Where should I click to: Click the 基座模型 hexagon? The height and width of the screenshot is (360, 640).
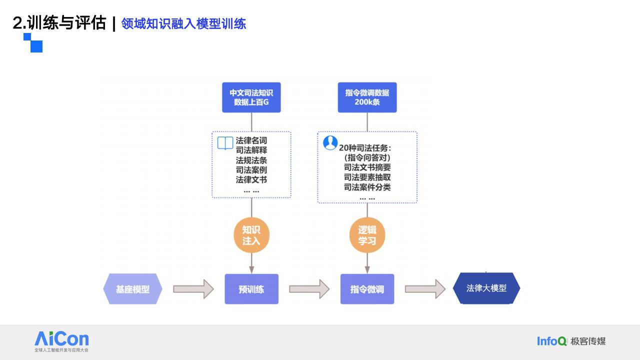(x=133, y=289)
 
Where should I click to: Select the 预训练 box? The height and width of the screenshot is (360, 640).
(x=251, y=289)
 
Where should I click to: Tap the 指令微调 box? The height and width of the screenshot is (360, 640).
(x=367, y=289)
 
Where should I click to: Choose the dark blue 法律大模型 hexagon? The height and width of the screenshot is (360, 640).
(x=486, y=288)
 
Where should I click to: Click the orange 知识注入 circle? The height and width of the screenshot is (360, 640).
(x=251, y=235)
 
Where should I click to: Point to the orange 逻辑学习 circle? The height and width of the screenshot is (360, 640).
(x=367, y=235)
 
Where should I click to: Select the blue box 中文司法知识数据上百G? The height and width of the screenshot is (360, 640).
(x=251, y=97)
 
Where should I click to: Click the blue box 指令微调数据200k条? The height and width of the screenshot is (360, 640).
(x=367, y=97)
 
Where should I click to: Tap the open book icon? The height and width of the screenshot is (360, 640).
(x=225, y=143)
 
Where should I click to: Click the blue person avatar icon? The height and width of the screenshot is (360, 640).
(x=330, y=143)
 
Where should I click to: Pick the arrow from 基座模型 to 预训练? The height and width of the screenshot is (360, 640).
(x=193, y=289)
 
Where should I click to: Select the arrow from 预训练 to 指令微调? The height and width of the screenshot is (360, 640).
(x=309, y=289)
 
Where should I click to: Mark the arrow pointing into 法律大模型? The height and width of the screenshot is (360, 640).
(x=425, y=289)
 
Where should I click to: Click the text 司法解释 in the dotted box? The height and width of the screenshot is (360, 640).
(x=251, y=150)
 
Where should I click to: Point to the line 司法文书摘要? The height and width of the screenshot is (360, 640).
(x=367, y=167)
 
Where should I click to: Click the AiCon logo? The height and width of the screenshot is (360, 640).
(x=61, y=341)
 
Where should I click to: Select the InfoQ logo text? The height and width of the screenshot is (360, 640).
(x=551, y=341)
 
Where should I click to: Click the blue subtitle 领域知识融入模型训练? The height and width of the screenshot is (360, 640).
(x=183, y=23)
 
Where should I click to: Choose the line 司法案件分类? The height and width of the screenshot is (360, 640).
(x=367, y=187)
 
